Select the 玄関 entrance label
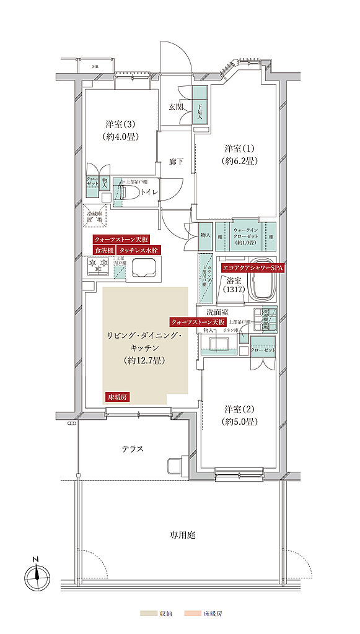click(175, 106)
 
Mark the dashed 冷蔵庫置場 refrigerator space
click(97, 214)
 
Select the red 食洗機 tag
click(104, 250)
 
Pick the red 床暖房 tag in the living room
click(117, 397)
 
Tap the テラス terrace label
click(133, 449)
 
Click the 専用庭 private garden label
click(183, 534)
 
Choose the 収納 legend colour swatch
click(148, 613)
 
